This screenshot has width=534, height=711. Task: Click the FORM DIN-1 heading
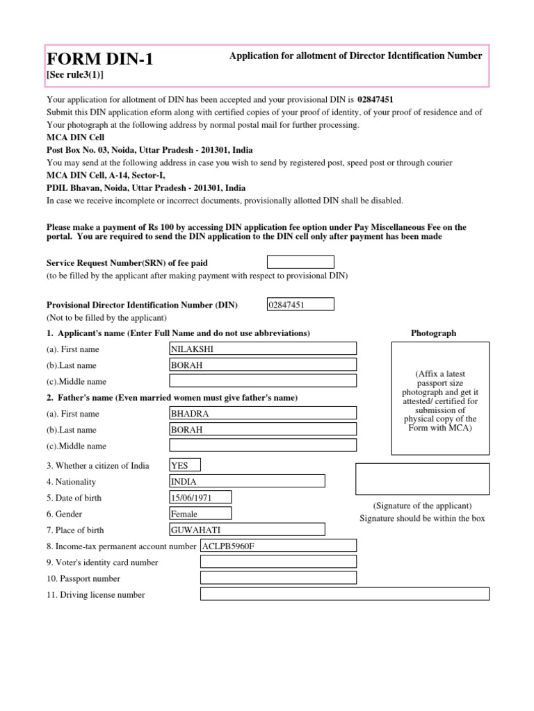[x=99, y=60]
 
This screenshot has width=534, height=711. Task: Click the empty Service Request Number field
[x=300, y=262]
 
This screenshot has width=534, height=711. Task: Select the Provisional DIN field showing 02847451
[x=300, y=304]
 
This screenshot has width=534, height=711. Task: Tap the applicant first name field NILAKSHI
[x=263, y=349]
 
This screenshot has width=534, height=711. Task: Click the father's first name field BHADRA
[x=263, y=413]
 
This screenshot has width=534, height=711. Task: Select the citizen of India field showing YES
[x=184, y=466]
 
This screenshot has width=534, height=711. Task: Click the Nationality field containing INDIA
[x=247, y=481]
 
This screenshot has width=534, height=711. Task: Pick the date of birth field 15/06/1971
[x=200, y=497]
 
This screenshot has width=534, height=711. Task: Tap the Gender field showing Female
[x=200, y=514]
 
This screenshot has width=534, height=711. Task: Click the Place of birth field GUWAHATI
[x=247, y=530]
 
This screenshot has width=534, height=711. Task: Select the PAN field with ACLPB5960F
[x=278, y=546]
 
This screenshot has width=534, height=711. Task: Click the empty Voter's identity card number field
[x=278, y=562]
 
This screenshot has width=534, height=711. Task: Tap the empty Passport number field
[x=278, y=578]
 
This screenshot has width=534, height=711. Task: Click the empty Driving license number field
[x=344, y=594]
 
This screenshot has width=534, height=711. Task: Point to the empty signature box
[x=422, y=478]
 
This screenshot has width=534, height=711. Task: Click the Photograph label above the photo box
[x=433, y=333]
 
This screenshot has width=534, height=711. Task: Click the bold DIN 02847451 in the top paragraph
[x=380, y=100]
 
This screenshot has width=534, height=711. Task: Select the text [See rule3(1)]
[x=74, y=75]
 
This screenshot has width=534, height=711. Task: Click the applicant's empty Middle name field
[x=263, y=380]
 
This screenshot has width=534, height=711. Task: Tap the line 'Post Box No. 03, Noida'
[x=149, y=150]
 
